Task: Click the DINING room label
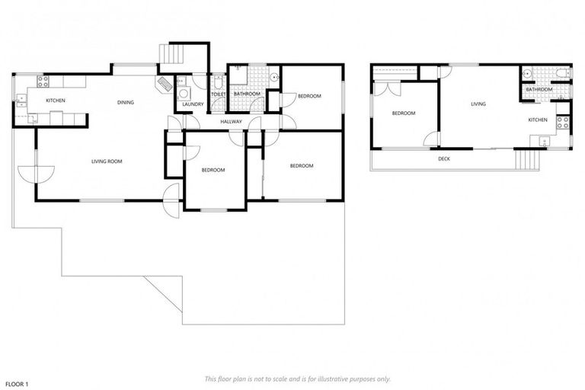[126, 102]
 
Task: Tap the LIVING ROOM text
[107, 161]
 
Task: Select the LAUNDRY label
[193, 104]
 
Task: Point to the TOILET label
[218, 94]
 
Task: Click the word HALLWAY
[231, 122]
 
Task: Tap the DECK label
[444, 158]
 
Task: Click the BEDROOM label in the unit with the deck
[403, 113]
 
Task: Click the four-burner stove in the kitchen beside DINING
[43, 80]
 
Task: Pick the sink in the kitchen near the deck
[543, 140]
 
